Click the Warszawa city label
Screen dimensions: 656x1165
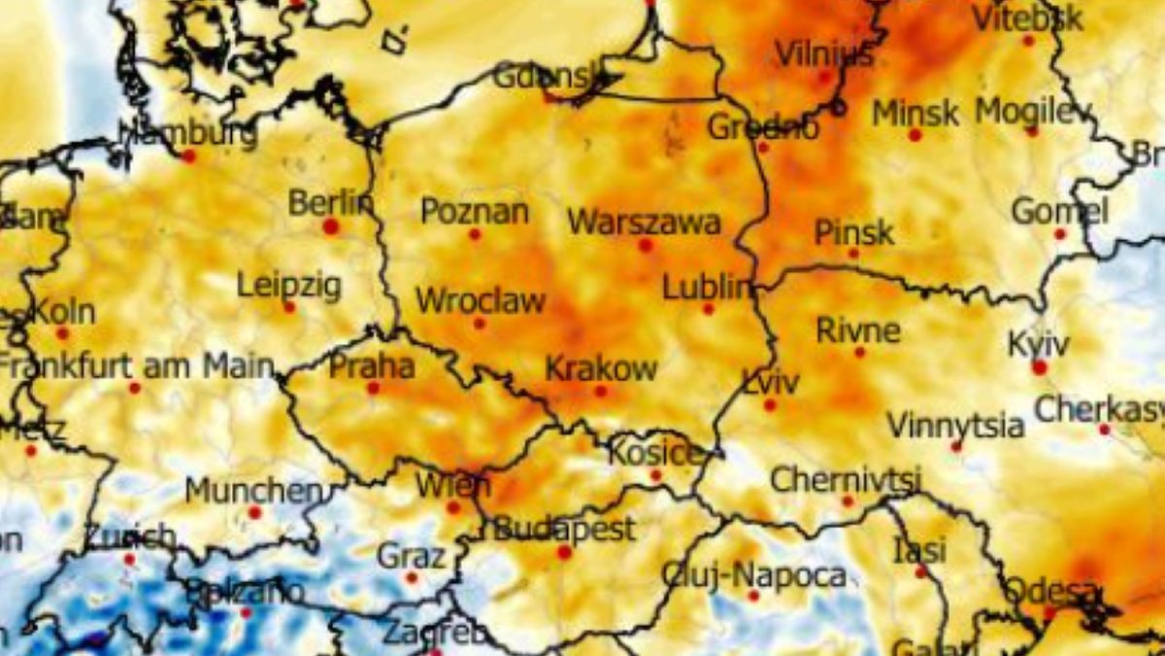pyautogui.click(x=644, y=223)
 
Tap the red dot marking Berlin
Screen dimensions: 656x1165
pyautogui.click(x=331, y=226)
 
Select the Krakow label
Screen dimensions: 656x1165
pyautogui.click(x=601, y=369)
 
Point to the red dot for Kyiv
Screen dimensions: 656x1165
pyautogui.click(x=1040, y=367)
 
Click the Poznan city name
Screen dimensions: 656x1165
pyautogui.click(x=475, y=212)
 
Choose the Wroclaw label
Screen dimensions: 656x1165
pyautogui.click(x=481, y=300)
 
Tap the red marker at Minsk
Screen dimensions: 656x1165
pyautogui.click(x=915, y=135)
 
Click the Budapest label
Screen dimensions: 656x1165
pyautogui.click(x=564, y=530)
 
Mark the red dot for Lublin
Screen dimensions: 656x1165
pyautogui.click(x=708, y=309)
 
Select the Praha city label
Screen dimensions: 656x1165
pyautogui.click(x=372, y=366)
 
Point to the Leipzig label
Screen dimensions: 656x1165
pyautogui.click(x=289, y=286)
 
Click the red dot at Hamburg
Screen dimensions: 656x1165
pyautogui.click(x=188, y=155)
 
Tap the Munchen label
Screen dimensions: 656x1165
pyautogui.click(x=253, y=491)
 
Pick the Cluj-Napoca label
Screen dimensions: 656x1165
pyautogui.click(x=753, y=575)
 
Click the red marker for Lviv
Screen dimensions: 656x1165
pyautogui.click(x=770, y=404)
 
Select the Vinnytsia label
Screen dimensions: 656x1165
pyautogui.click(x=955, y=426)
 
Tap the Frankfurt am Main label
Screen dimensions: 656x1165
pyautogui.click(x=136, y=366)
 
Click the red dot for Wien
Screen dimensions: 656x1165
pyautogui.click(x=452, y=507)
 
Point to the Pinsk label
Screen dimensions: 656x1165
pyautogui.click(x=854, y=232)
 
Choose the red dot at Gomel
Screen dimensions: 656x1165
pyautogui.click(x=1060, y=234)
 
